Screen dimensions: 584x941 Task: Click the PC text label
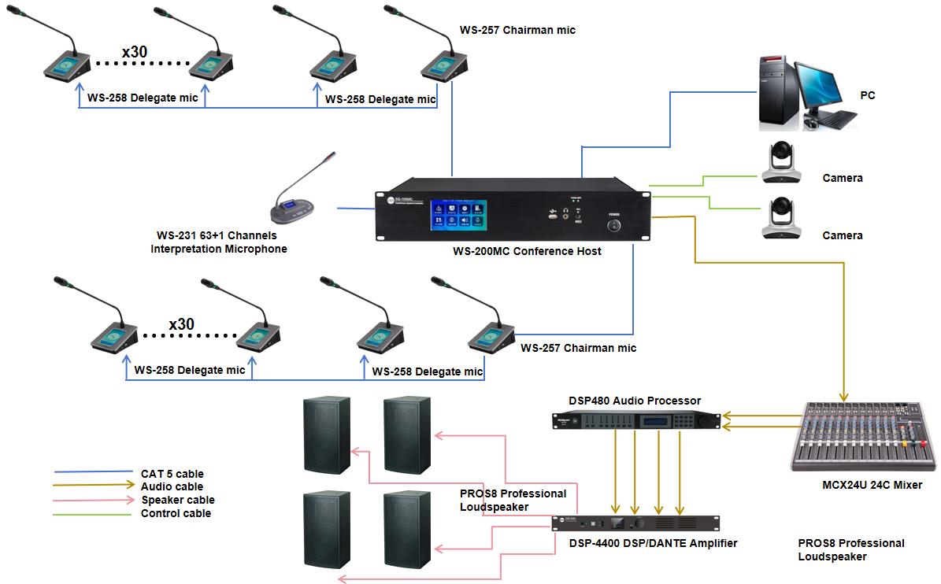[867, 95]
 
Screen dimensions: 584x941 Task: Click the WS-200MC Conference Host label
[527, 251]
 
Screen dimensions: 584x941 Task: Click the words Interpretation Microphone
[219, 249]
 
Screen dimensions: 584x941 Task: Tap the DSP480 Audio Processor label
[635, 401]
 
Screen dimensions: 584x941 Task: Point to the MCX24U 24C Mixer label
[871, 485]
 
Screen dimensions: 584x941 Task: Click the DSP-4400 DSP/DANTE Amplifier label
[653, 543]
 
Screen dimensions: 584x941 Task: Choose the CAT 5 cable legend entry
[172, 474]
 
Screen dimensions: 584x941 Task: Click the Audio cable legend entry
[172, 486]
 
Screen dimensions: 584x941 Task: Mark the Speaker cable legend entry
[177, 500]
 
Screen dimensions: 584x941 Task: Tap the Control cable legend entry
[176, 513]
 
